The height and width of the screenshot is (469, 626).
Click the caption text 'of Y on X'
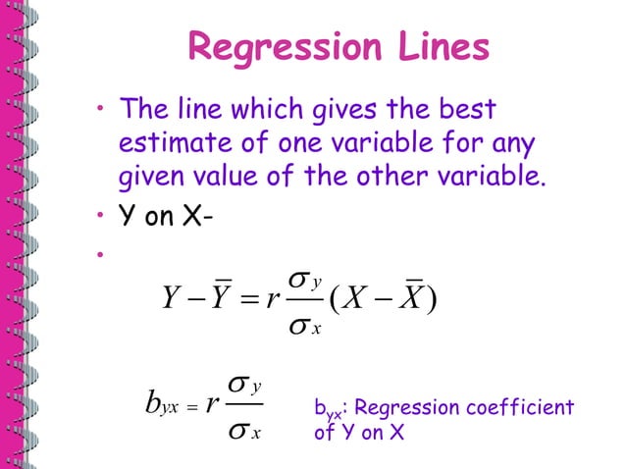click(x=359, y=433)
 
